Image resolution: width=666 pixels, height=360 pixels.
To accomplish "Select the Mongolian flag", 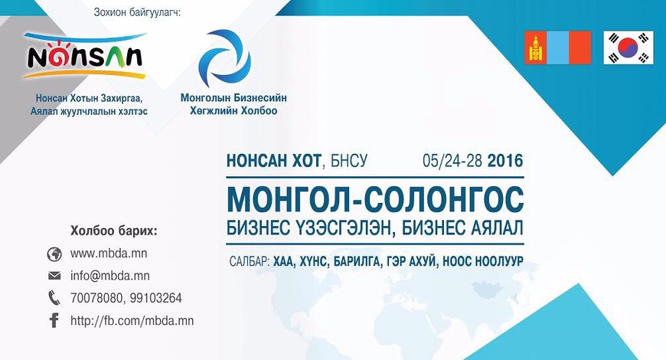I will point(557,48).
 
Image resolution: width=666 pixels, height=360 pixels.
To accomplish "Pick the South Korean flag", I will point(628,48).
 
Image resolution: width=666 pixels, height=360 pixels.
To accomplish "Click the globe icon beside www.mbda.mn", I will point(54,254).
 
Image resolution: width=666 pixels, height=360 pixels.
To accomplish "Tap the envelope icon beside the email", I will point(54,276).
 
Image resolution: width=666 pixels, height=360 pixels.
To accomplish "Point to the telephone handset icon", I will point(54,298).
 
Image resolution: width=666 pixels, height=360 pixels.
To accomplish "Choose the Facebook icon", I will point(54,321).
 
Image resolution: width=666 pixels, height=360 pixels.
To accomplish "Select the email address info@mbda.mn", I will point(109,276).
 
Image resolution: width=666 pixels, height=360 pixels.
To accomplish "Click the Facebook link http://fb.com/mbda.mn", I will point(132,321).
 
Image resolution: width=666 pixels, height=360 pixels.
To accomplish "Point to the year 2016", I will point(504,162).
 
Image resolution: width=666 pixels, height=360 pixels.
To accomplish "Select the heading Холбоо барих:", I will point(113,231).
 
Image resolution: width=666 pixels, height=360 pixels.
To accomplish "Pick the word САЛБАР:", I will point(249,260).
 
